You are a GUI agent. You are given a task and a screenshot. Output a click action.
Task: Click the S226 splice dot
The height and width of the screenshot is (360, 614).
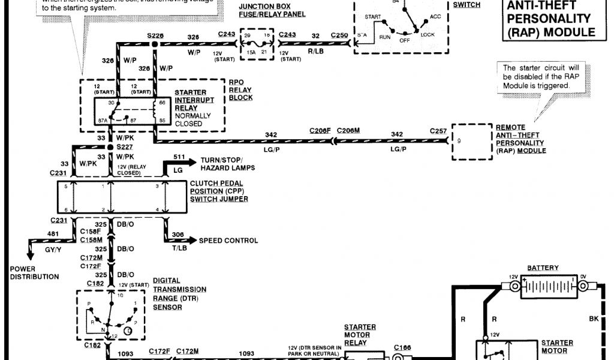[155, 44]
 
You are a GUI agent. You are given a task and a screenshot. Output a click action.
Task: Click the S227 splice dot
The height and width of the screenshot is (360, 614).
[110, 146]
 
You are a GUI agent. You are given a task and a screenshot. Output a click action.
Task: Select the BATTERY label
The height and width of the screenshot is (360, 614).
[543, 268]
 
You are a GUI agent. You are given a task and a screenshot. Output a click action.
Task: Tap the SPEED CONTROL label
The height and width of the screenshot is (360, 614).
[228, 241]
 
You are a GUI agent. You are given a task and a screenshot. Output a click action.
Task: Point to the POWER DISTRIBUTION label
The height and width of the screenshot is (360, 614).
[34, 273]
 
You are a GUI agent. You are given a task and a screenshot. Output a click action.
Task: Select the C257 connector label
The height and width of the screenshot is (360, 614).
[438, 130]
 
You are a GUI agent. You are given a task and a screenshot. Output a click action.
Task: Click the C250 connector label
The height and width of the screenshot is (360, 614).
[339, 35]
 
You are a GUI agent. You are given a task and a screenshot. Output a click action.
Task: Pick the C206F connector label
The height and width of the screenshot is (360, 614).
[320, 130]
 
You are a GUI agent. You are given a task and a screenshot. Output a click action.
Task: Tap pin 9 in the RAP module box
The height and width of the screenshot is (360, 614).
[460, 141]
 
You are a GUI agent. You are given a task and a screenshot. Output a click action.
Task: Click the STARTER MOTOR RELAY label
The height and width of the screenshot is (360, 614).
[360, 335]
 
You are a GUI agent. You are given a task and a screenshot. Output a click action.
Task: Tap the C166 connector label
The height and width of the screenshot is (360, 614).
[401, 346]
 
